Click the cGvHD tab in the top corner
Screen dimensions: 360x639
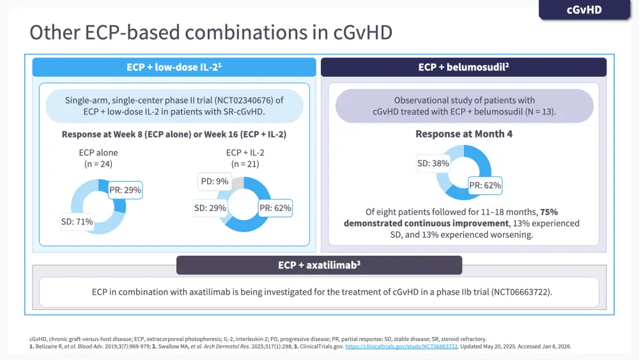tap(584, 10)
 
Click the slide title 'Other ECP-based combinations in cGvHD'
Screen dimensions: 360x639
tap(212, 33)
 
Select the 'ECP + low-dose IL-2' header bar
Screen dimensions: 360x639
tap(174, 67)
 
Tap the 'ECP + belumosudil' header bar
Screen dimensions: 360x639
tap(463, 67)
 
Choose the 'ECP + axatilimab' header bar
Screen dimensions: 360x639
tap(319, 265)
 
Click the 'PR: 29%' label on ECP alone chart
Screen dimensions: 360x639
tap(125, 190)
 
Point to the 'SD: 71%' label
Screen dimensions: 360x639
tap(77, 222)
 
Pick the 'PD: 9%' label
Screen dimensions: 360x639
tap(213, 181)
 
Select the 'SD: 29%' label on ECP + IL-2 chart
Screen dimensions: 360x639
tap(210, 208)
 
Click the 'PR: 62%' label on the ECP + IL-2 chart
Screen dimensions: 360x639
tap(275, 208)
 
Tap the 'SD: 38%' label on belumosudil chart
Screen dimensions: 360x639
tap(433, 163)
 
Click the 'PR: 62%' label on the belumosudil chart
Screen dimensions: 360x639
tap(485, 186)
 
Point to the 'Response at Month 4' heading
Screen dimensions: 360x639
tap(464, 134)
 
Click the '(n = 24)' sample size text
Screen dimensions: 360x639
tap(98, 164)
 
